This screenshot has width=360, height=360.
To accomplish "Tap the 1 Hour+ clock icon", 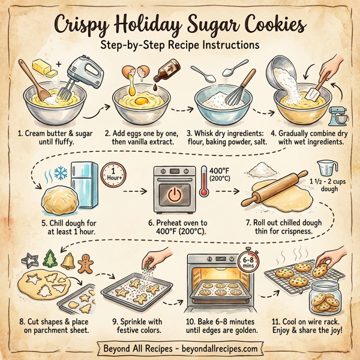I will click(x=115, y=175).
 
